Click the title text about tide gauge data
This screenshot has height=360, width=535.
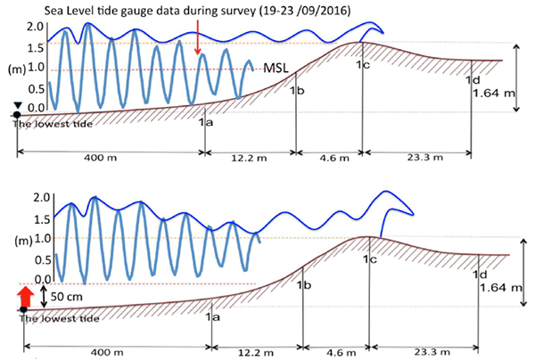176,9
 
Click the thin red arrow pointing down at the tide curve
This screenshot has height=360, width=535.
197,36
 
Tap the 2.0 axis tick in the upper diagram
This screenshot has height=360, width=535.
36,26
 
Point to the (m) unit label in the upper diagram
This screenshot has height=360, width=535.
16,68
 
